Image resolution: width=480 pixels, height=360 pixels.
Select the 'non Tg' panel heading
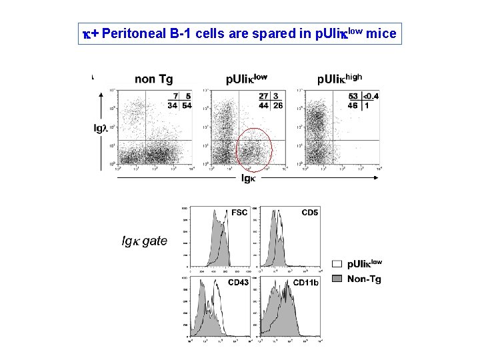pyautogui.click(x=153, y=79)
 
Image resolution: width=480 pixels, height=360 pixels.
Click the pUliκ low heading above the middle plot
pyautogui.click(x=246, y=79)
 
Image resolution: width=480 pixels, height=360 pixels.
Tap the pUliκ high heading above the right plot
pyautogui.click(x=339, y=79)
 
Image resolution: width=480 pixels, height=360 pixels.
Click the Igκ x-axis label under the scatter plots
pyautogui.click(x=247, y=178)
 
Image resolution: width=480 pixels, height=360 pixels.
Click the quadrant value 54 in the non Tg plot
pyautogui.click(x=187, y=105)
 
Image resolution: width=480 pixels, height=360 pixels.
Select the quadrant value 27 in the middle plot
pyautogui.click(x=264, y=97)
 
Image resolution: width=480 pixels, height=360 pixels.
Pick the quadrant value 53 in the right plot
pyautogui.click(x=353, y=97)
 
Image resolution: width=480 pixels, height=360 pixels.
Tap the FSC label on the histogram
pyautogui.click(x=239, y=213)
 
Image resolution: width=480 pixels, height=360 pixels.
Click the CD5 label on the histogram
pyautogui.click(x=309, y=213)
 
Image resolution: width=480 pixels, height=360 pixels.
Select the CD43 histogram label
pyautogui.click(x=239, y=283)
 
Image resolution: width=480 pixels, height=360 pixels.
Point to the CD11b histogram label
pyautogui.click(x=306, y=283)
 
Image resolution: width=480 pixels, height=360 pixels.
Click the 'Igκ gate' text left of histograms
pyautogui.click(x=144, y=241)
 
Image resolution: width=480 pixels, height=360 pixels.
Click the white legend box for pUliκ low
pyautogui.click(x=337, y=264)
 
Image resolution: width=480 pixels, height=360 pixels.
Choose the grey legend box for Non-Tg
pyautogui.click(x=337, y=279)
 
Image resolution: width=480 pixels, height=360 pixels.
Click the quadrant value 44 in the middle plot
pyautogui.click(x=264, y=105)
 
